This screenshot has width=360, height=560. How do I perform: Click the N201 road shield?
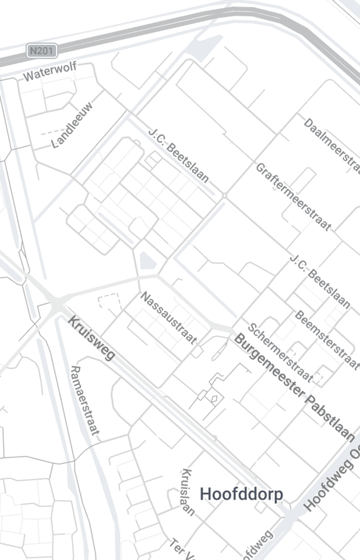coord(42,50)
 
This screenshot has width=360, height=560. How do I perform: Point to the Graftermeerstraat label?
coord(293,196)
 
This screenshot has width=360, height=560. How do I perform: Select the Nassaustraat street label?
coord(168,317)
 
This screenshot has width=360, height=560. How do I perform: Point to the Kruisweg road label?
coord(92,337)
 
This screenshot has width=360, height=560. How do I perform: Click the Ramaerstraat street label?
coord(85,401)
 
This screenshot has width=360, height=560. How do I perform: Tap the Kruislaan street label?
coord(188,492)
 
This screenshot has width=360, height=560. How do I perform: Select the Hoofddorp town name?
coord(241,494)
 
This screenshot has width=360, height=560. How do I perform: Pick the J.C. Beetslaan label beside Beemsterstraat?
coord(320,280)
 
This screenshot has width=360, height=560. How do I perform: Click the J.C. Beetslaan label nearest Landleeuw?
coord(179,155)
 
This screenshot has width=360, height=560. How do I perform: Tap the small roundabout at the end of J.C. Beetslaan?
coord(225,195)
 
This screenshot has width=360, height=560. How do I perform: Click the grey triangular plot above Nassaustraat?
coord(147,262)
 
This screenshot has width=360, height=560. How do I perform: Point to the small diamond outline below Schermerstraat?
coord(214,398)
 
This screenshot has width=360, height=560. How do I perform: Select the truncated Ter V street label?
coord(181,549)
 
